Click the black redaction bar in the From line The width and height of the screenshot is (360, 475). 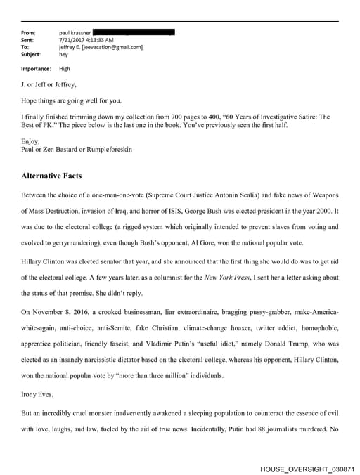134,32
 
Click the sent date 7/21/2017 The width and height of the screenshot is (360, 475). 72,40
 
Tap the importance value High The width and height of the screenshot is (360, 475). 65,69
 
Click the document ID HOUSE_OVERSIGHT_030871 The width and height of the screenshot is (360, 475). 307,467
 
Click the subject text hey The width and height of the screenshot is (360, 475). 63,54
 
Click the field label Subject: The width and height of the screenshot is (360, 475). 32,54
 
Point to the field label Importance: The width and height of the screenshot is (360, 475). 36,69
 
